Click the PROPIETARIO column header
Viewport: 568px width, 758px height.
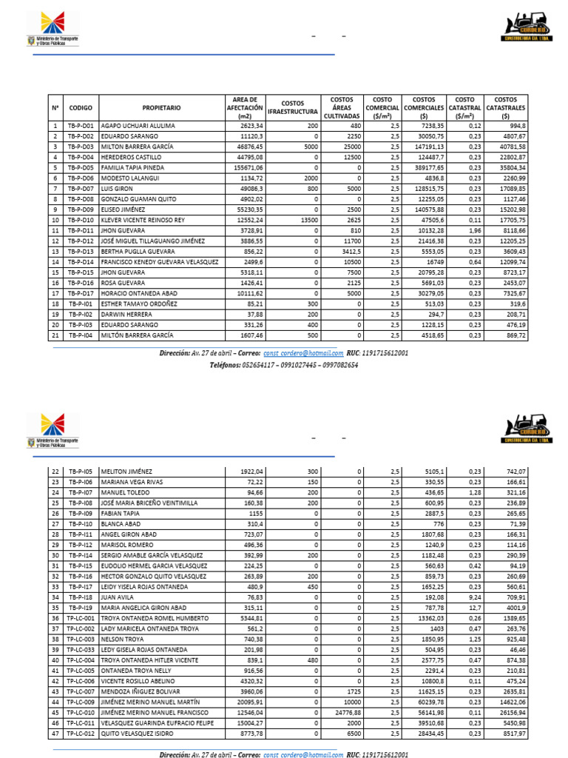coord(161,108)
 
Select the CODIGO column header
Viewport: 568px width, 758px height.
coord(81,108)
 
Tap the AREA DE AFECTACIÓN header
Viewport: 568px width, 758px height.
coord(244,108)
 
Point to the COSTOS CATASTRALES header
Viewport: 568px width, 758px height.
coord(506,108)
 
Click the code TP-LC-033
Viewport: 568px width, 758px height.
coord(81,650)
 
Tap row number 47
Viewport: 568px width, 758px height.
coord(55,733)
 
